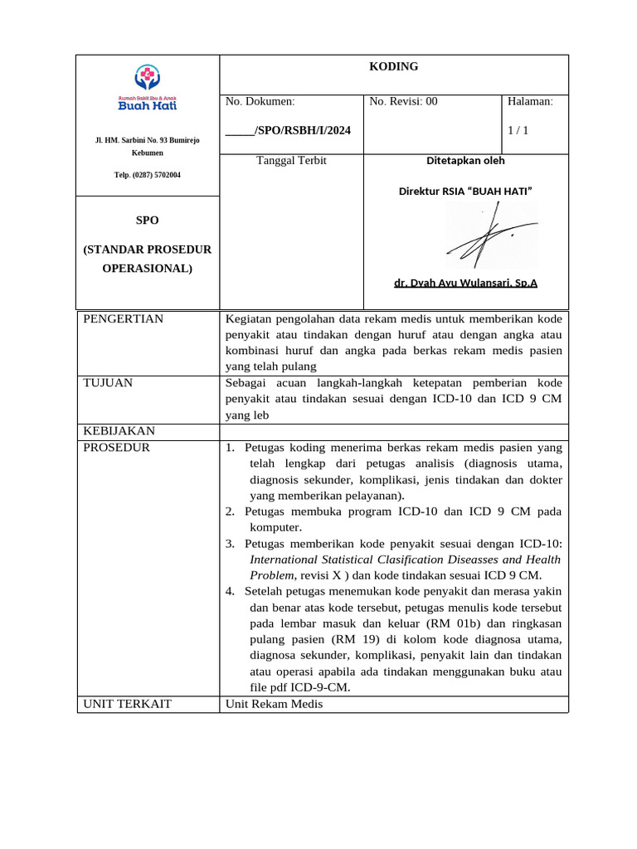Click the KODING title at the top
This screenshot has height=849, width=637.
click(393, 67)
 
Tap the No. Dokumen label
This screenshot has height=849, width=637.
click(260, 102)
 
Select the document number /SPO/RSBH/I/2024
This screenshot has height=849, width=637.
click(282, 131)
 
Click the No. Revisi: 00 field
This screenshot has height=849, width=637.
click(403, 102)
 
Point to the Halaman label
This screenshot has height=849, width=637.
click(530, 102)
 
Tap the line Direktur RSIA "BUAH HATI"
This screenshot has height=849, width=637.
click(465, 192)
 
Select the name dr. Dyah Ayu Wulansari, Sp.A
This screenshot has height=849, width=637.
click(465, 283)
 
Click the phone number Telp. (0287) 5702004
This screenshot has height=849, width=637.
click(147, 175)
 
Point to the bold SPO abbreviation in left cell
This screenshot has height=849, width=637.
click(147, 221)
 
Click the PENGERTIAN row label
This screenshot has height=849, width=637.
click(123, 319)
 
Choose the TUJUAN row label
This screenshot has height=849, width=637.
click(108, 383)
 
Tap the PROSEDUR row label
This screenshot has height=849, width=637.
click(117, 448)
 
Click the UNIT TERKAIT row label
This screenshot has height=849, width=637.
click(127, 704)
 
